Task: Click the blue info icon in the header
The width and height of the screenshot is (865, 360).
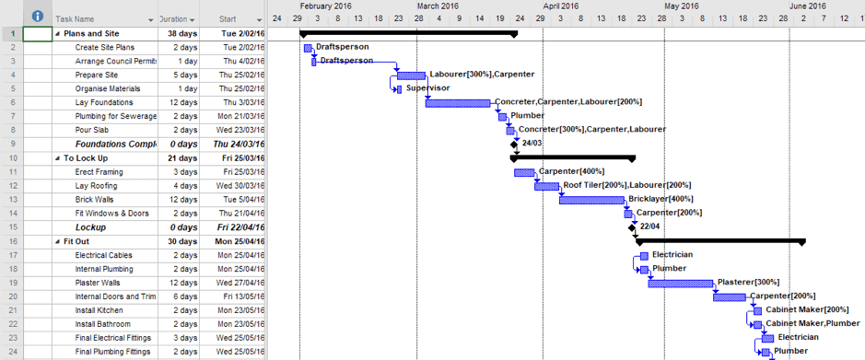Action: coord(37,17)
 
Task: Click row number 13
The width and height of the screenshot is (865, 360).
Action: coord(13,199)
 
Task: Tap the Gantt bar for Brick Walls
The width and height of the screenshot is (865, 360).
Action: coord(591,200)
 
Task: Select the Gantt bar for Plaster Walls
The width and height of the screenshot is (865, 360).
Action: coord(680,283)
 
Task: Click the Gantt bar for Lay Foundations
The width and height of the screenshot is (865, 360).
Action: coord(459,102)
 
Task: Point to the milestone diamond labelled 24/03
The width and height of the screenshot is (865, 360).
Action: coord(514,144)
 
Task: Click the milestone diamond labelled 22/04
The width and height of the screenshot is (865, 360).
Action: coord(632,226)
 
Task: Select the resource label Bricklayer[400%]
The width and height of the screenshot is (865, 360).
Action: coord(660,199)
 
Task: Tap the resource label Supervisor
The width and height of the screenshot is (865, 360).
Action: coord(427,88)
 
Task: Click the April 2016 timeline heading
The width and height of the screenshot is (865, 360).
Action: coord(561,6)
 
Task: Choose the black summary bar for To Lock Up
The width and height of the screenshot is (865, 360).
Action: coord(572,158)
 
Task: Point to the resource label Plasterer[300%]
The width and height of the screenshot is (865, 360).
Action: coord(749,282)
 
